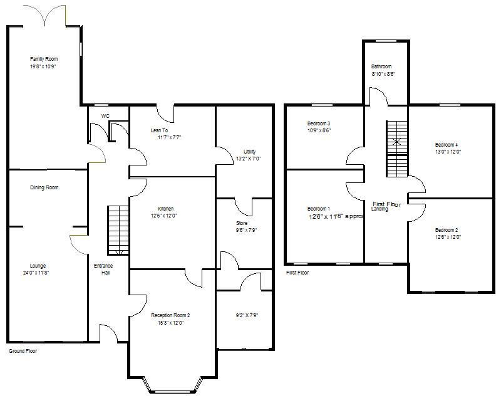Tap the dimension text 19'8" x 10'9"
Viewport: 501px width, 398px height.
(x=43, y=66)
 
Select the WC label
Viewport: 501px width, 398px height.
(x=106, y=116)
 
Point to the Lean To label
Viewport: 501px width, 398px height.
(x=159, y=130)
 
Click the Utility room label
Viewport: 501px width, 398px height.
(x=249, y=152)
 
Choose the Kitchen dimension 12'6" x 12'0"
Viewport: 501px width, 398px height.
(x=162, y=216)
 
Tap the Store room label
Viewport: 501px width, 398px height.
(x=242, y=223)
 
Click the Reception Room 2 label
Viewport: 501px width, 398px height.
(x=170, y=315)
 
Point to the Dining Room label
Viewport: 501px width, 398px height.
(x=44, y=187)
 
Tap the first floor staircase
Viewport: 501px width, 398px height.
(x=396, y=149)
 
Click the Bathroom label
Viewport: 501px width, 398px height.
(x=381, y=66)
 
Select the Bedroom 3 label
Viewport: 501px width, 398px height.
(x=319, y=123)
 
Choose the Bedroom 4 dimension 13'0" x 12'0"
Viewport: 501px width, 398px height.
(x=447, y=152)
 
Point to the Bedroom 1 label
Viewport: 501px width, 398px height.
(x=319, y=209)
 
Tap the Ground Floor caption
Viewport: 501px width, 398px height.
(x=23, y=352)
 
